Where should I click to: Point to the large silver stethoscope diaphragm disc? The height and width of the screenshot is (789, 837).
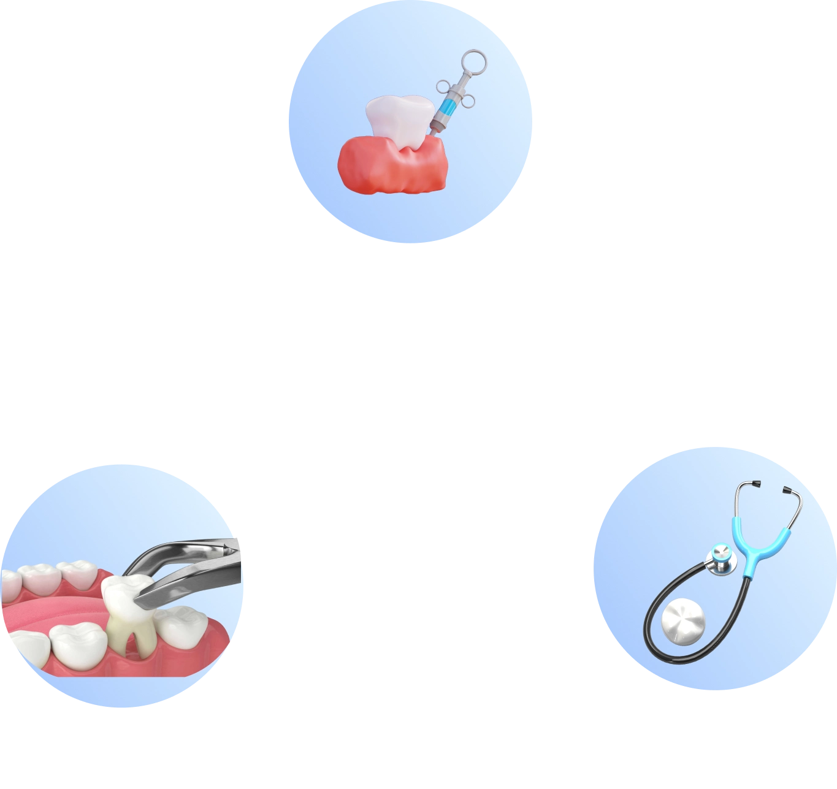click(x=683, y=622)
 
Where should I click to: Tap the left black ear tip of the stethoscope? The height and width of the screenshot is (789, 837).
click(x=756, y=484)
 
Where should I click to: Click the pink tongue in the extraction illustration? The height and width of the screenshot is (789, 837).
click(x=49, y=613)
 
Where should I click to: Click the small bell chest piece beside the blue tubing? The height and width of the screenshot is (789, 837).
click(x=720, y=559)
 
